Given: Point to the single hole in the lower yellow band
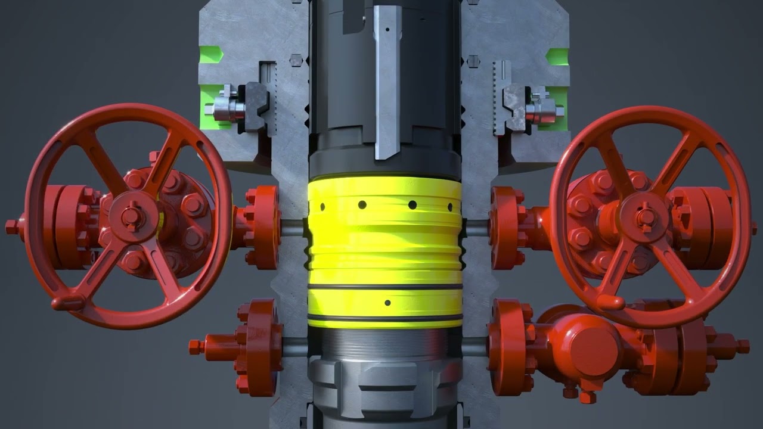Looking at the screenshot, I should [x=387, y=303].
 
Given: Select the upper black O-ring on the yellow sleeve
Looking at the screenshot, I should [x=385, y=287].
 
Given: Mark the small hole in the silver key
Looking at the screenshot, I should [x=387, y=29].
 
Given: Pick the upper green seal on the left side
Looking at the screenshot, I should [x=210, y=55].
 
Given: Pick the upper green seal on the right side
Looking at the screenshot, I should [x=556, y=55].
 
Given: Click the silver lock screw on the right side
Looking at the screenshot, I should [x=542, y=109].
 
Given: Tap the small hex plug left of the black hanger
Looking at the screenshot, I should [x=296, y=60].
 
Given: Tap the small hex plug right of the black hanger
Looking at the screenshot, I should [x=473, y=60].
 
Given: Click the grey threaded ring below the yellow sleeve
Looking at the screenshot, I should [x=385, y=343].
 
